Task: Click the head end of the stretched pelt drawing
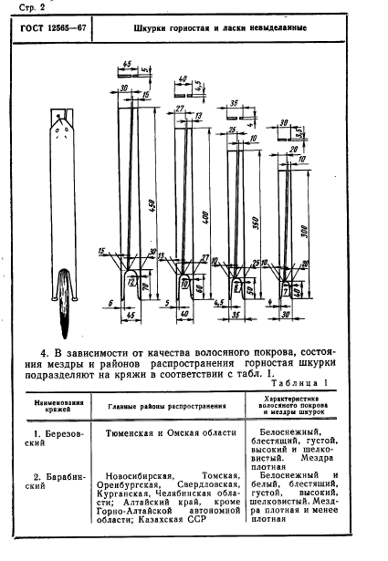pyautogui.click(x=60, y=117)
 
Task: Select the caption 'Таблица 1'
pyautogui.click(x=299, y=384)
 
